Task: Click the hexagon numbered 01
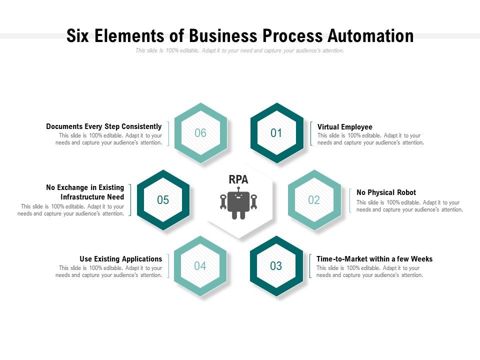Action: coord(276,133)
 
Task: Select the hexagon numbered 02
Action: coord(314,200)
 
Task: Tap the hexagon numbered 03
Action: coord(276,266)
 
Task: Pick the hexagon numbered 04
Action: coord(200,266)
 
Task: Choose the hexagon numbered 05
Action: coord(163,200)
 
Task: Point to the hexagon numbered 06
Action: coord(200,133)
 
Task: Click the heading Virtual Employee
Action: coord(345,127)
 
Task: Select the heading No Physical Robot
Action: coord(386,192)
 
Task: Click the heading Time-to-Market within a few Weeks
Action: coord(374,259)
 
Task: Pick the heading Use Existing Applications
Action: coord(121,259)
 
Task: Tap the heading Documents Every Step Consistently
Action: coord(104,126)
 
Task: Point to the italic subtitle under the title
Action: coord(239,50)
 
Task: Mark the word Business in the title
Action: coord(221,36)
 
